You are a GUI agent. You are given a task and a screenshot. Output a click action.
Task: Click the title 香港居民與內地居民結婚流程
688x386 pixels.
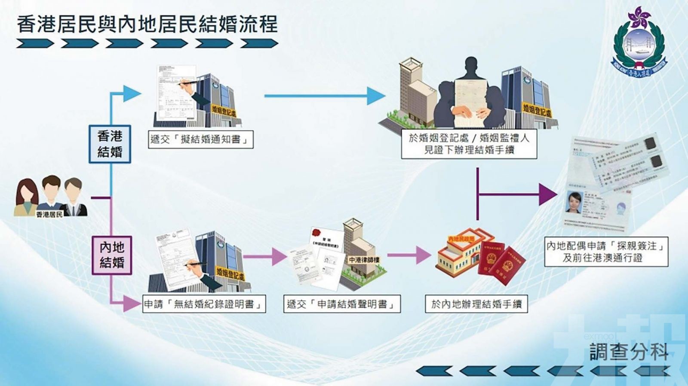147,24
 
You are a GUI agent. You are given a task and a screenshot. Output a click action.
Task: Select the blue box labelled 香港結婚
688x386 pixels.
110,144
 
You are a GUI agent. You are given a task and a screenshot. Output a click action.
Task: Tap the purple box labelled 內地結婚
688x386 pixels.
112,255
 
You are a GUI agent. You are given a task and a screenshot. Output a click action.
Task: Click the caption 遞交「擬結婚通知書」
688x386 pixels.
200,140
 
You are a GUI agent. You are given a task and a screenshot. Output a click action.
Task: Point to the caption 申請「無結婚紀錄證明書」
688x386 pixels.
204,304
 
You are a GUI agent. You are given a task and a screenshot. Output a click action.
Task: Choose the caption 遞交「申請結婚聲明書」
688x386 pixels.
341,304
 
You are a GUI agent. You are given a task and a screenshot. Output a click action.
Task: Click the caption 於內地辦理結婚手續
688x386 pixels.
476,304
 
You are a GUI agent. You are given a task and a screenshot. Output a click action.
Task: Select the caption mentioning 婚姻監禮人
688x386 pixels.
469,144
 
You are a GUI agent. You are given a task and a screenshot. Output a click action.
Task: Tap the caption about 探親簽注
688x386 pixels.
606,252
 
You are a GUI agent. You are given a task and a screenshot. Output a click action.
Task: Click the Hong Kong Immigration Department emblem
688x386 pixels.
639,43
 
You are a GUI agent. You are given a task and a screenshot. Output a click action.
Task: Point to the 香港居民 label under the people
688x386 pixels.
49,214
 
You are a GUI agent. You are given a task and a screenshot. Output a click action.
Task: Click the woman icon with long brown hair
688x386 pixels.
27,198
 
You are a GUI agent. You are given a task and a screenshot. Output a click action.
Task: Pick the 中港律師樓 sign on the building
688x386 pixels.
364,260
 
